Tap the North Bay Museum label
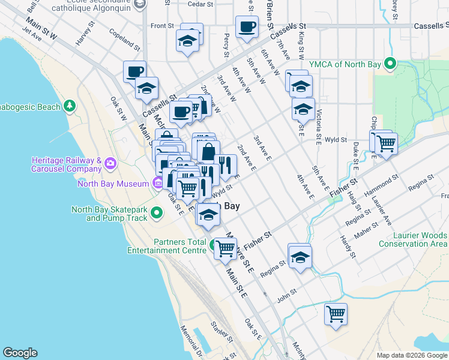pyautogui.click(x=112, y=184)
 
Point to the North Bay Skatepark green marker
pyautogui.click(x=157, y=212)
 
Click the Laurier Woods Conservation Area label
pyautogui.click(x=411, y=239)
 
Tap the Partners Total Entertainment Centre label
pyautogui.click(x=172, y=246)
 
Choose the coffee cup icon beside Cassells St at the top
pyautogui.click(x=247, y=26)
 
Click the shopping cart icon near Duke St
pyautogui.click(x=386, y=143)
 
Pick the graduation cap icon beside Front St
pyautogui.click(x=187, y=41)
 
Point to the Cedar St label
pyautogui.click(x=200, y=4)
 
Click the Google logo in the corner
pyautogui.click(x=20, y=353)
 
